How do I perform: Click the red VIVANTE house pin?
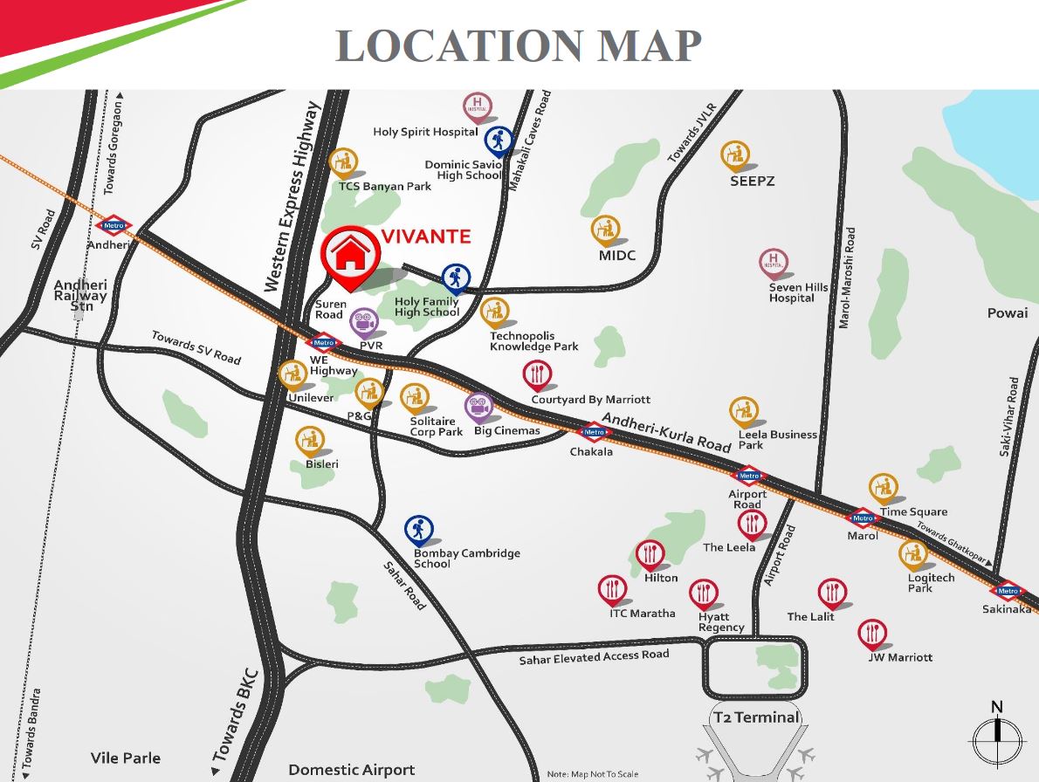click(350, 256)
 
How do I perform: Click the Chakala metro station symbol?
click(594, 432)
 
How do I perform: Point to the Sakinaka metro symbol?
click(1008, 591)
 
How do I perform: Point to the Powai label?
click(1008, 312)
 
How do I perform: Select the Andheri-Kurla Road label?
click(665, 431)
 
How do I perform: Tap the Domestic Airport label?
click(351, 770)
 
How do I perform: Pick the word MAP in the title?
click(646, 45)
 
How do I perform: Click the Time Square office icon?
click(883, 489)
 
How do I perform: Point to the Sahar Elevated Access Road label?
click(594, 656)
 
